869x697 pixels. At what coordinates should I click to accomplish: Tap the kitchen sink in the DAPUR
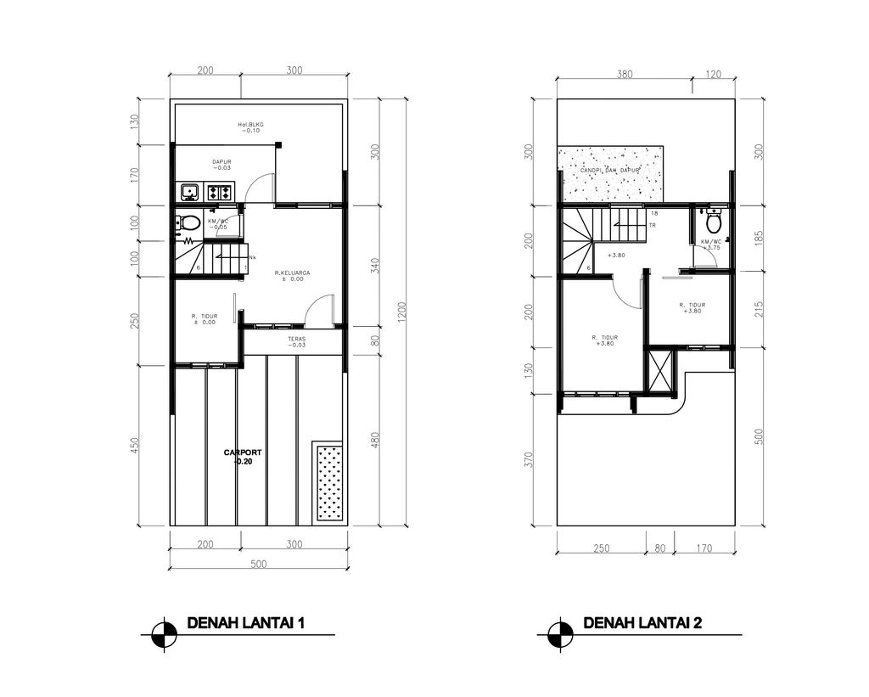188,193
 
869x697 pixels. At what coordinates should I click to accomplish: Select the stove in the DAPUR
219,193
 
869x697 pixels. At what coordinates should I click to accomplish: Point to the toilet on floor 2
713,223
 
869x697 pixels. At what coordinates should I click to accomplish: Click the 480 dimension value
374,440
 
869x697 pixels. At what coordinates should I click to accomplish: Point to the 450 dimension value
133,445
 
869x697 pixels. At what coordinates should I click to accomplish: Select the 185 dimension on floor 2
758,238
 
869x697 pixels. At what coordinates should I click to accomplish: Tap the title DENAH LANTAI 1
245,624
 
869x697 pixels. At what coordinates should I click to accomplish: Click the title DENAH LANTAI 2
642,624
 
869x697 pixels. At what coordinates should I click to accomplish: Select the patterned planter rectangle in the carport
328,481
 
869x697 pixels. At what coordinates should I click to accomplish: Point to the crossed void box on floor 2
659,370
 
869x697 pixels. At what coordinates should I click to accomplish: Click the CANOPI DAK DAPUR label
609,171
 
